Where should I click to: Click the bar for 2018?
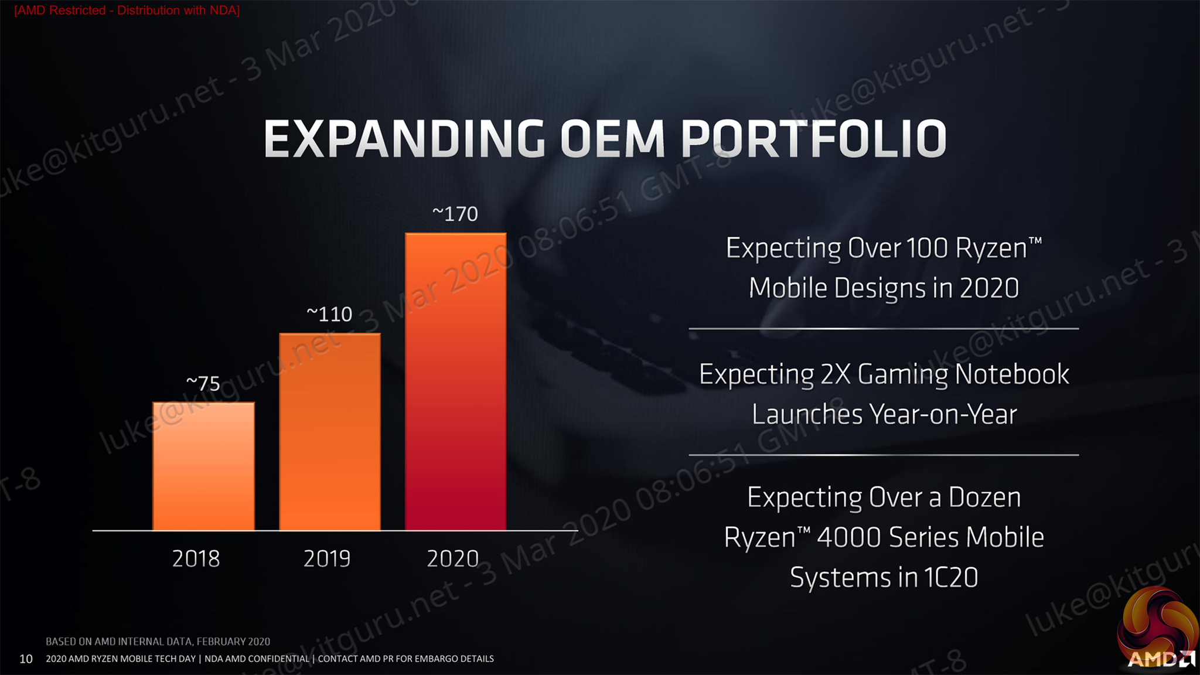click(x=203, y=466)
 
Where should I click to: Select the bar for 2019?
click(x=329, y=432)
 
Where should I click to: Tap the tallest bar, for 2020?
click(x=455, y=381)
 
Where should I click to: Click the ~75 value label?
click(x=203, y=384)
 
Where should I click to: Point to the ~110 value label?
click(x=329, y=315)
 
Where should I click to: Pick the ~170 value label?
click(x=455, y=214)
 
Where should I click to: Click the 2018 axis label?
click(x=196, y=559)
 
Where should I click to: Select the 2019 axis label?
click(x=326, y=559)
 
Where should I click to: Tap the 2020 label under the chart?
click(x=452, y=559)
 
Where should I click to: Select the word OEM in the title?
click(x=612, y=140)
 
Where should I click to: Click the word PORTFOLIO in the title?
click(x=813, y=140)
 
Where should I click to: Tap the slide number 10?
click(x=26, y=659)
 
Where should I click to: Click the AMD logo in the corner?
click(x=1160, y=659)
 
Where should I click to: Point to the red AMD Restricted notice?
click(x=127, y=11)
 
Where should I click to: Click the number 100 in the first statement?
click(x=926, y=248)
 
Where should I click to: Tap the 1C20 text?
click(x=951, y=578)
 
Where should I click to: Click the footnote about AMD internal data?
click(x=158, y=642)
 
